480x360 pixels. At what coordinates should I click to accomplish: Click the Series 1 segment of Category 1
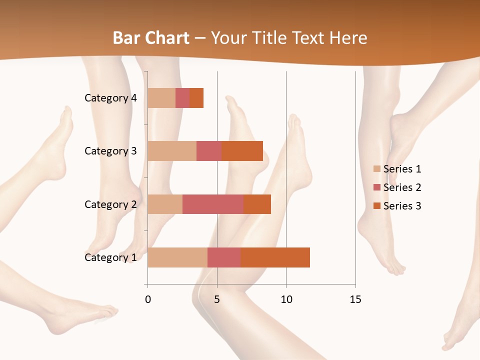coord(177,257)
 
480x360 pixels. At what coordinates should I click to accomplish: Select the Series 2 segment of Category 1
coord(224,257)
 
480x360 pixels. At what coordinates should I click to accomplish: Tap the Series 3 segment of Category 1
coord(275,257)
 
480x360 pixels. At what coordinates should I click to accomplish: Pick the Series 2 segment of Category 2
coord(213,204)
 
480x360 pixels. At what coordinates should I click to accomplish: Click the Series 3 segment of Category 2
coord(257,204)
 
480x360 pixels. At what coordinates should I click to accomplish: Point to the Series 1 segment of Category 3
coord(172,151)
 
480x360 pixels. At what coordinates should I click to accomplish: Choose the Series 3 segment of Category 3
coord(242,151)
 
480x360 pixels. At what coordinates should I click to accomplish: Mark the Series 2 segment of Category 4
coord(182,98)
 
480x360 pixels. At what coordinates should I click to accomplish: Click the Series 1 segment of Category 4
coord(161,98)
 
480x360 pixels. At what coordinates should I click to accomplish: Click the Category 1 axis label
coord(110,257)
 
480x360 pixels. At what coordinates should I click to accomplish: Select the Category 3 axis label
coord(110,151)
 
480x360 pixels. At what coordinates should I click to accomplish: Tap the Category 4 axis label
coord(110,98)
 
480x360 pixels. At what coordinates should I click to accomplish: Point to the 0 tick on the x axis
coord(147,299)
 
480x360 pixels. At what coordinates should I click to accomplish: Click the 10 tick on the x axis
coord(286,299)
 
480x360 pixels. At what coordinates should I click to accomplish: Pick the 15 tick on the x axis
coord(355,299)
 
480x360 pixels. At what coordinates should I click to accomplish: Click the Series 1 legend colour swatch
coord(377,169)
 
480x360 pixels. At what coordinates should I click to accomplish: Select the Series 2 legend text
coord(402,187)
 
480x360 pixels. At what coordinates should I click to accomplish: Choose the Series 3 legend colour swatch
coord(377,206)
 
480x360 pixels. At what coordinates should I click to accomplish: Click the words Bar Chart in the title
coord(151,38)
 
